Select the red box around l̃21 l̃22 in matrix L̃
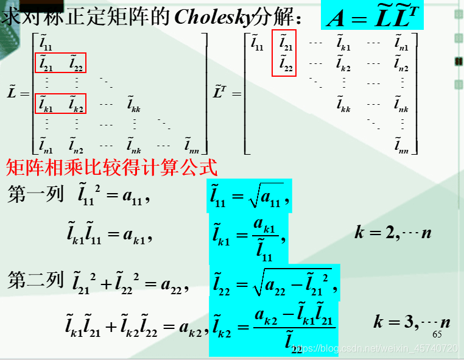coord(61,63)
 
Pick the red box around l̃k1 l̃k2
coord(61,103)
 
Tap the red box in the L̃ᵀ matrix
coord(284,53)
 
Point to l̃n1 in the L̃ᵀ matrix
coord(401,43)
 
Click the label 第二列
coord(35,280)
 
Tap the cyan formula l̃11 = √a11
coord(250,196)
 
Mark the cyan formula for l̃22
coord(274,282)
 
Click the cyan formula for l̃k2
coord(272,327)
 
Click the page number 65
coord(437,334)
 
